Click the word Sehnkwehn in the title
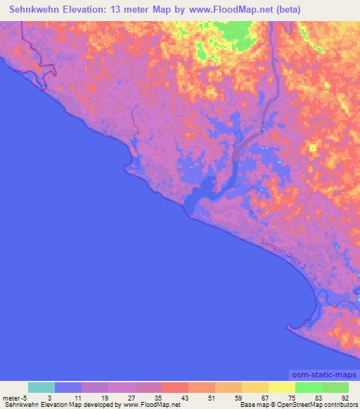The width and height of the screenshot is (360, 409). [x=37, y=9]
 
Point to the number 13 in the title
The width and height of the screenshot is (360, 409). [x=134, y=9]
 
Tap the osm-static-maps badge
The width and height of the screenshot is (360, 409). [x=323, y=376]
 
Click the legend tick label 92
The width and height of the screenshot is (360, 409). [x=345, y=397]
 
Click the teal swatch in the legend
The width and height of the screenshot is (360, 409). [x=41, y=387]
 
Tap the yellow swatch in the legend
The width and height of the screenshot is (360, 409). [x=281, y=387]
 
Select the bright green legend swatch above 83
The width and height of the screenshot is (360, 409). [x=308, y=387]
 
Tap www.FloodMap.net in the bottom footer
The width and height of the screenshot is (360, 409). [x=151, y=405]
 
